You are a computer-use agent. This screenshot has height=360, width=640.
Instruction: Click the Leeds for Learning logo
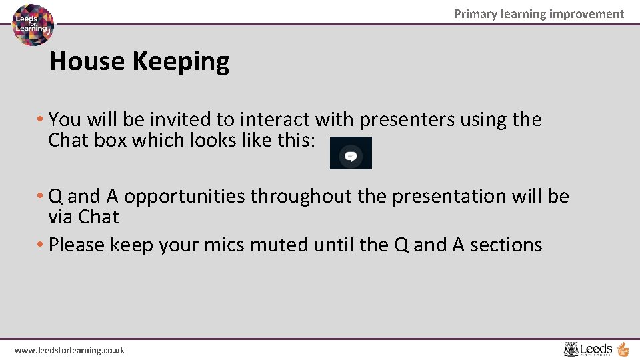pos(33,25)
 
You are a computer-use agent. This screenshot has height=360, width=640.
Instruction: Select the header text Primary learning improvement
pos(539,14)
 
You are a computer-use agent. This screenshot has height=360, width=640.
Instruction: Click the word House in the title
pos(87,61)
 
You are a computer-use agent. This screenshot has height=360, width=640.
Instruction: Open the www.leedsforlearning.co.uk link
pos(69,350)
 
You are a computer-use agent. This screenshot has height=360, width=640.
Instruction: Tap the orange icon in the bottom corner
pos(623,349)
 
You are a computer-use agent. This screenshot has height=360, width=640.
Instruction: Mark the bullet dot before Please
pos(42,245)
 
